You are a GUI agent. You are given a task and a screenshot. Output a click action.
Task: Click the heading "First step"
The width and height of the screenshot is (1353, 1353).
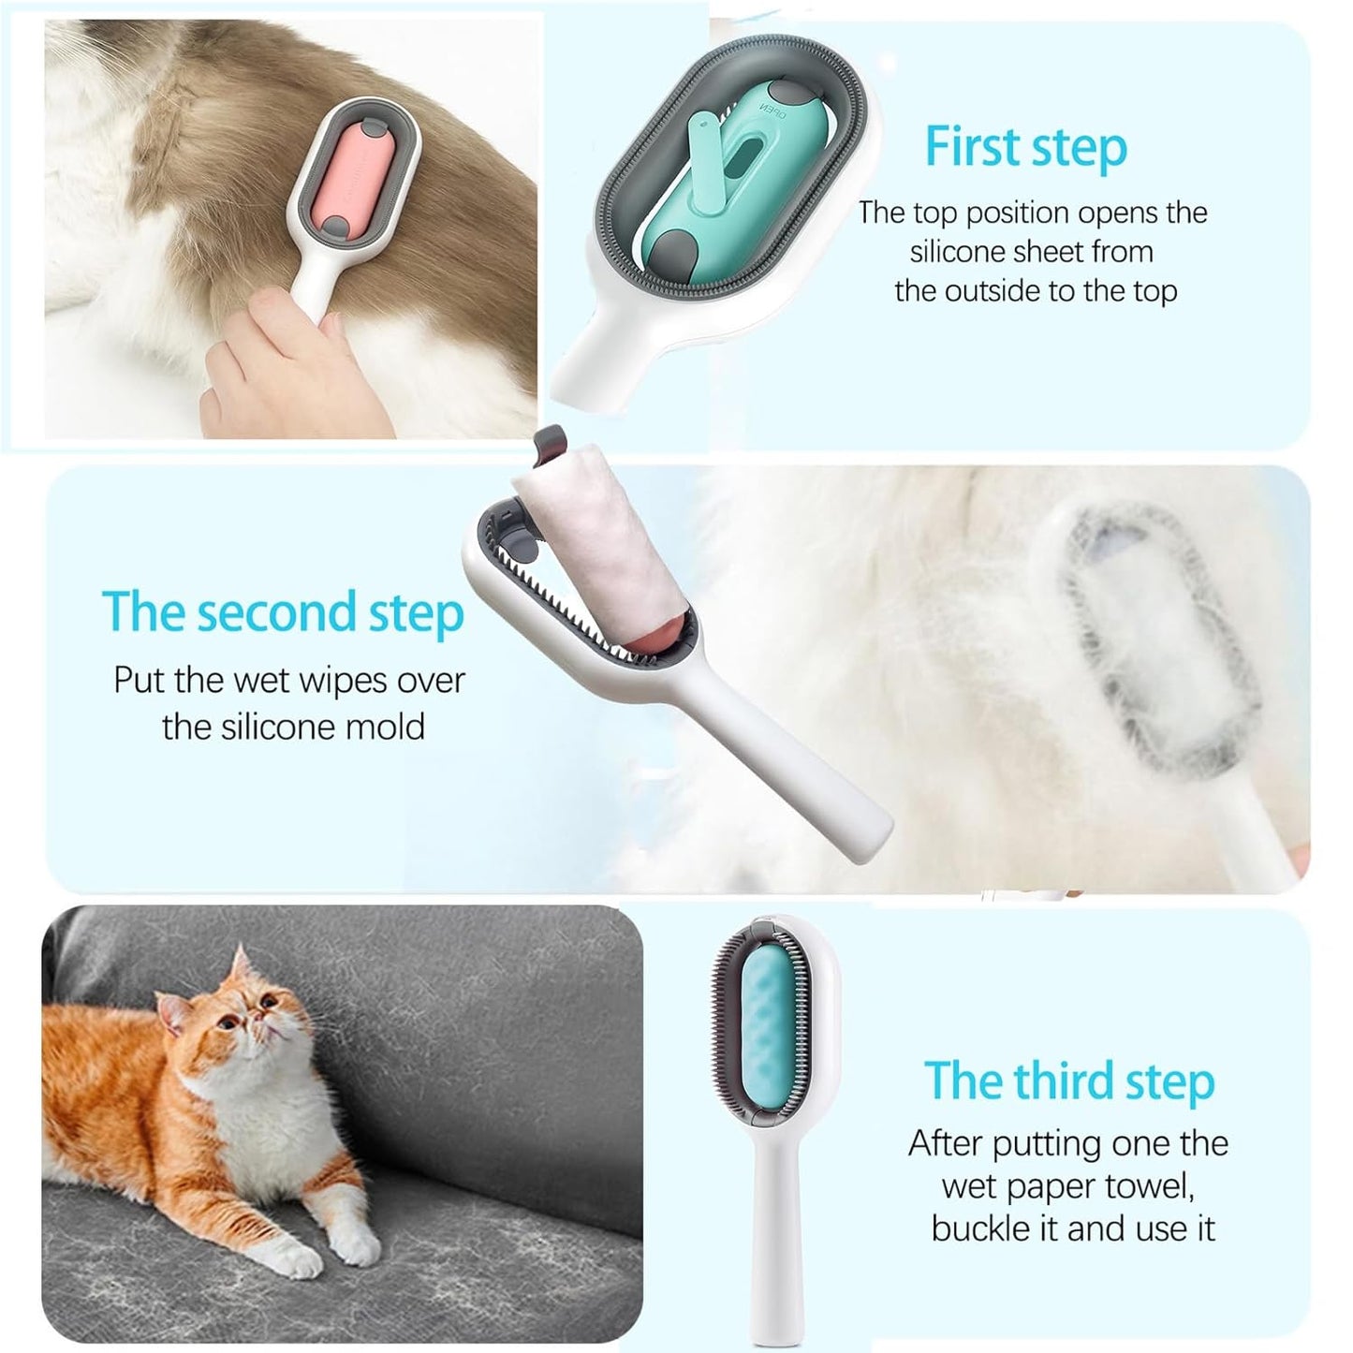(x=1025, y=148)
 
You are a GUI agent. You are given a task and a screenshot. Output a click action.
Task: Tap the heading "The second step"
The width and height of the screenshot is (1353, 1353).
(x=283, y=612)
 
